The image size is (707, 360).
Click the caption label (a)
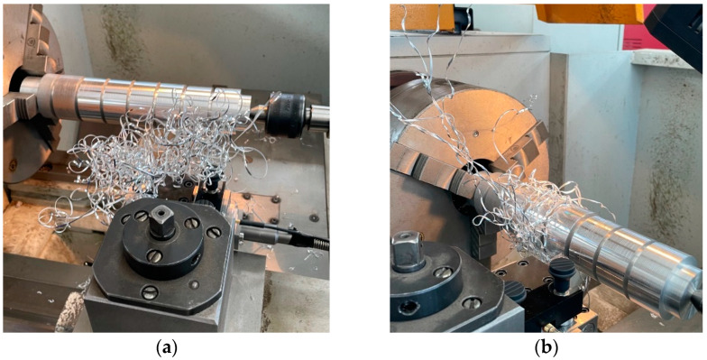click(166, 348)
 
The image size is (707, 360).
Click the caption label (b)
click(546, 348)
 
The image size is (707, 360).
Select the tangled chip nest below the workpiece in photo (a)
click(153, 158)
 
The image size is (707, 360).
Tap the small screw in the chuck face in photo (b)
click(476, 134)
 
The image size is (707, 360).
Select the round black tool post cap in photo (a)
click(162, 238)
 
